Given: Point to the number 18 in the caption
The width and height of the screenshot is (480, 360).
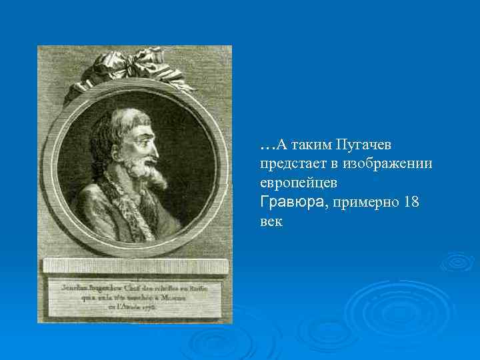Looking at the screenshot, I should tap(411, 202).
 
